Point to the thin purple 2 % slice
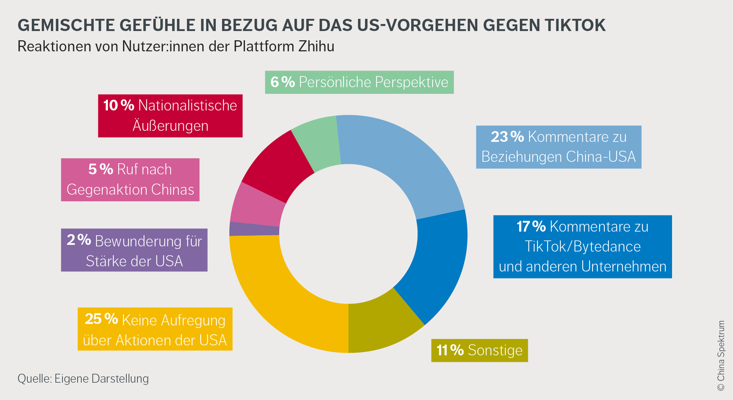click(254, 229)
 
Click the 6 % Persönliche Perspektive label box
click(359, 82)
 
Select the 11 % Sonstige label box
click(479, 350)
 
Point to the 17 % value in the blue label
click(531, 226)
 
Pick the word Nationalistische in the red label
click(187, 106)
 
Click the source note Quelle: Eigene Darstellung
click(83, 379)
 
